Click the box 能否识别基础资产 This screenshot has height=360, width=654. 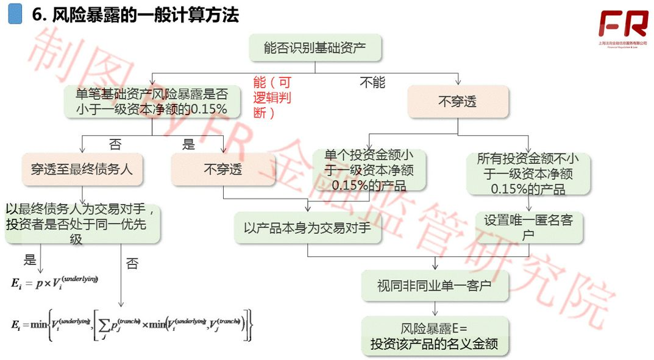[315, 48]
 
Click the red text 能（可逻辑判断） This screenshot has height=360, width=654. [272, 97]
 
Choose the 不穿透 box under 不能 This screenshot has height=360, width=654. [458, 101]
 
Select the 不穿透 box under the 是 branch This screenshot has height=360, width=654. [222, 169]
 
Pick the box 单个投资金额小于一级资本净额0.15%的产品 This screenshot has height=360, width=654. [369, 170]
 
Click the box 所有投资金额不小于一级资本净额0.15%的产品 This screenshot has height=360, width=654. [528, 174]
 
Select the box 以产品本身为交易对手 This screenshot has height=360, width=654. [308, 228]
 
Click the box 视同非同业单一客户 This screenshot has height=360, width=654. [434, 284]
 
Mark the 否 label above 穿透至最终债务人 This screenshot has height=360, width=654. [115, 144]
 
